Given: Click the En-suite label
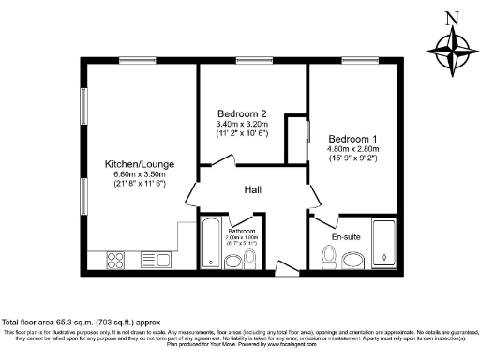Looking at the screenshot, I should point(346,237).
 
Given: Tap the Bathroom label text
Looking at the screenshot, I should point(242,230).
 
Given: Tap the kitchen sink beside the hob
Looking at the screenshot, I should point(151,258).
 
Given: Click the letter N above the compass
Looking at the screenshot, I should point(451,18).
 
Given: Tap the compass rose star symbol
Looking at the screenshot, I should point(451,52).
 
